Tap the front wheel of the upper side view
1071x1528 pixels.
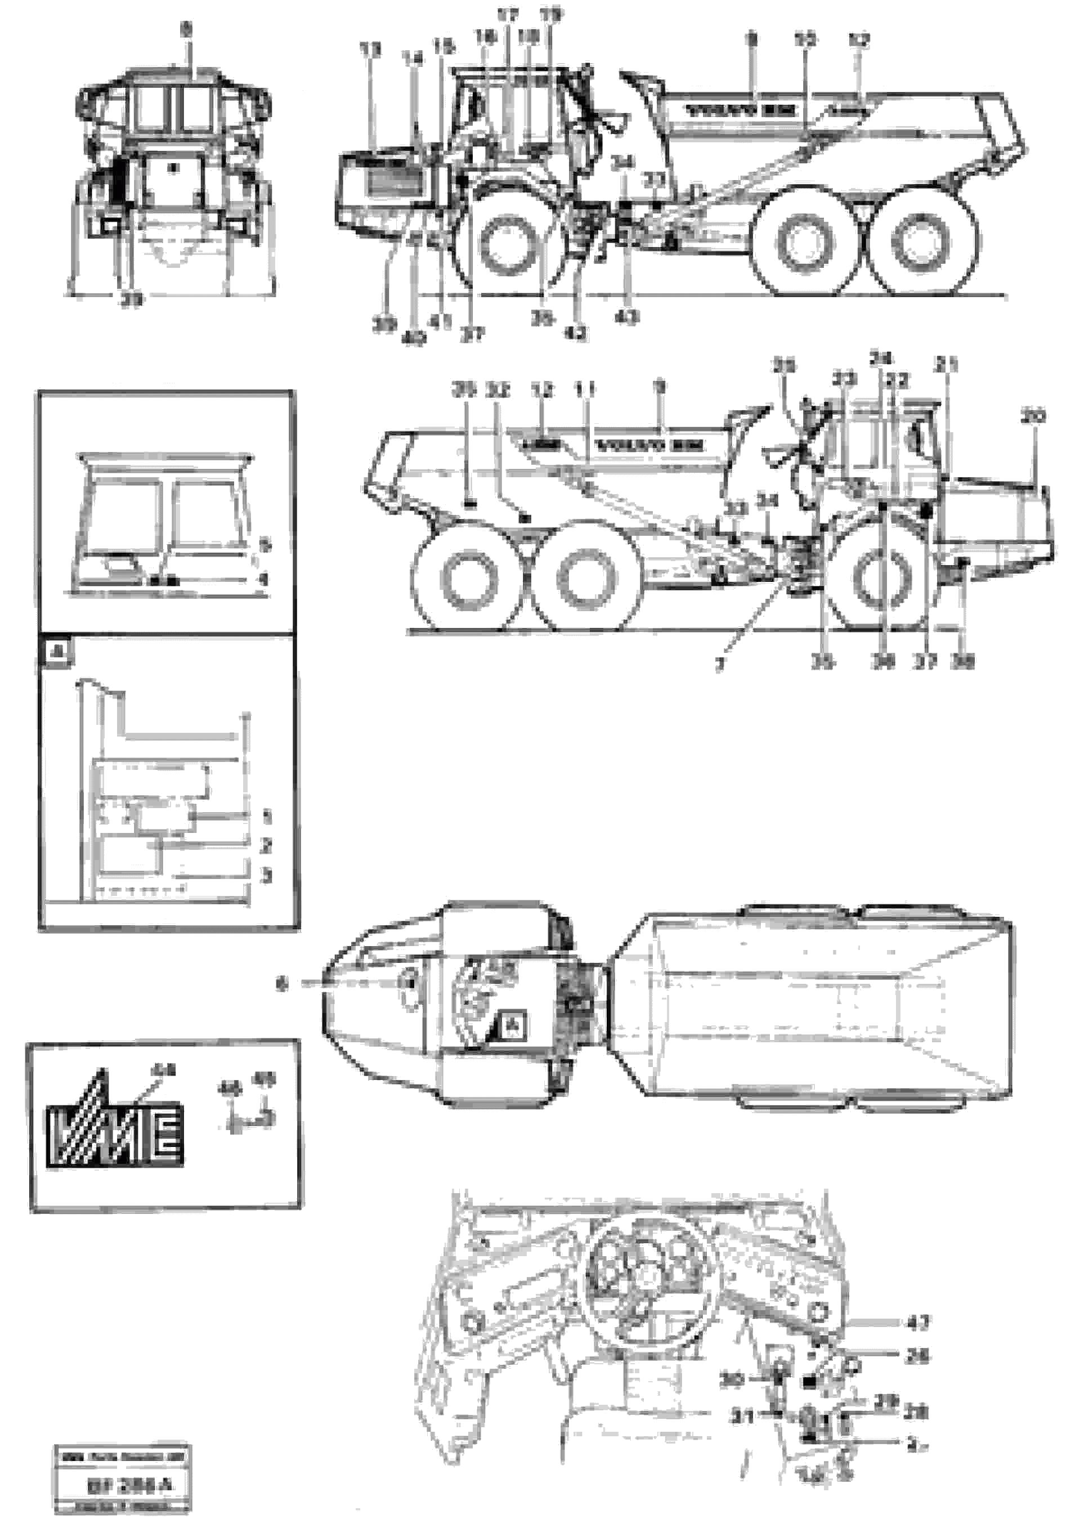[x=499, y=244]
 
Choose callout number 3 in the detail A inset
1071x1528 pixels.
[x=266, y=876]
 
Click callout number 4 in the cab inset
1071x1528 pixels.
[x=265, y=580]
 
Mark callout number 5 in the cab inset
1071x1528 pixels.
[x=265, y=546]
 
